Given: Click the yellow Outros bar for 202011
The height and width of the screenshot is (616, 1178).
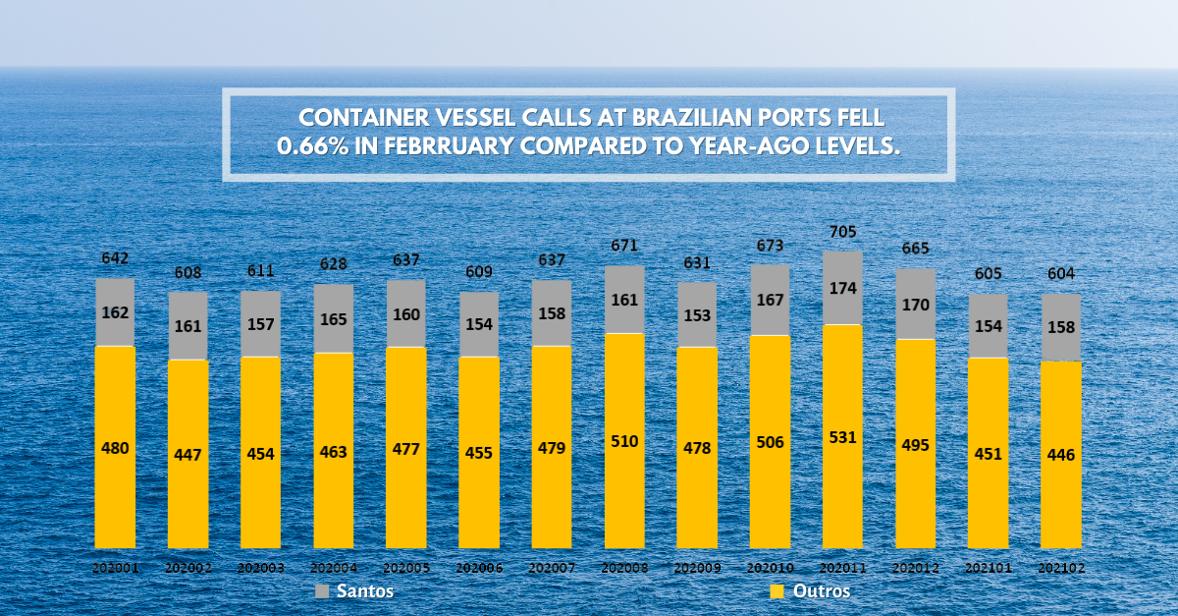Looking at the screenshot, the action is coord(842,436).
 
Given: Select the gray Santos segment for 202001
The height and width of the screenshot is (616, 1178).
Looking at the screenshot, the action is coord(115,312).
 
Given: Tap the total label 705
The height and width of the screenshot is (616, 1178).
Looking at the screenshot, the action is coord(842,232).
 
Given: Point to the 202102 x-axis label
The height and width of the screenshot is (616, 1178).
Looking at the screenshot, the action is coord(1061,568).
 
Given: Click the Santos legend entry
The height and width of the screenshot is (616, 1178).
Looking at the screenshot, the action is coord(354,591).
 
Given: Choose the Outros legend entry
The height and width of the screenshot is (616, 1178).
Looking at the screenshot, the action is coord(810,591).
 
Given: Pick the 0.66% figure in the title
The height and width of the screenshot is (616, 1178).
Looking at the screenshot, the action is coord(312,145).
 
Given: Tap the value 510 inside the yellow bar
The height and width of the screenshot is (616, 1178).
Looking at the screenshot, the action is coord(624,441).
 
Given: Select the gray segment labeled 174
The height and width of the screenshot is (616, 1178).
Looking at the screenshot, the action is coord(842,288).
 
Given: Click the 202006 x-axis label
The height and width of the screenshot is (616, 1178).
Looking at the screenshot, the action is coord(479,568).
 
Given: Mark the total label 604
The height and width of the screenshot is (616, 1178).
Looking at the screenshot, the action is coord(1061,273).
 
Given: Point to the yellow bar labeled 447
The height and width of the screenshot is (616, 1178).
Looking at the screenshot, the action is coord(187,454).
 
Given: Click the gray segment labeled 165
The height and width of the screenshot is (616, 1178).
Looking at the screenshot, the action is coord(334,319).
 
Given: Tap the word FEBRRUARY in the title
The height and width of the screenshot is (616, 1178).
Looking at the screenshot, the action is coord(449,145).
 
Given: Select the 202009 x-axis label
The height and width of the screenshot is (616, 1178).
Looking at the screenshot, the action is coord(697,568).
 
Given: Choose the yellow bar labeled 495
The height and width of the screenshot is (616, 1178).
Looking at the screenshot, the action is coord(916,444).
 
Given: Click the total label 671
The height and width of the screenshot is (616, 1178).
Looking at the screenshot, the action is coord(624,246).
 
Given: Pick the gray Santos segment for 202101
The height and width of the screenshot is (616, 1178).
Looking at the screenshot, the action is coord(989,326).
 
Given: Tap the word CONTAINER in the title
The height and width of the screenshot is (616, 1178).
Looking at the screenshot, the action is coord(364,118).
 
